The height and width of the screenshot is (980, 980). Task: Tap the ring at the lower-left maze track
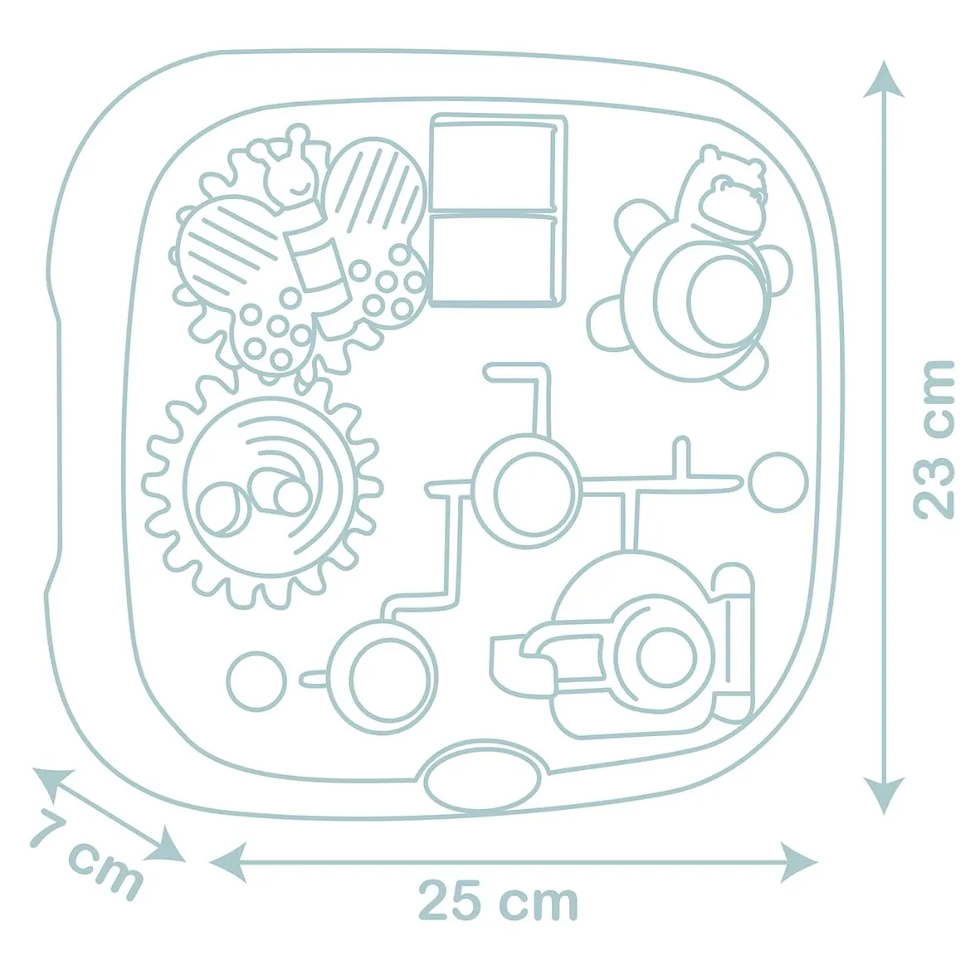[x=382, y=675]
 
